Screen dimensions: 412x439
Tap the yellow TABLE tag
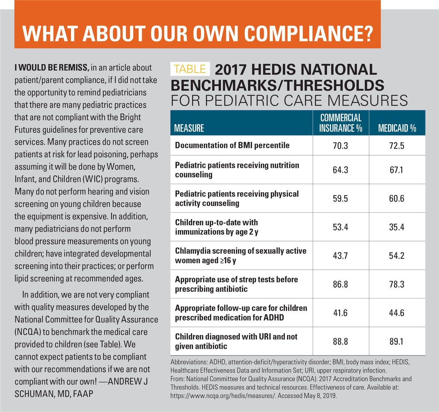[x=190, y=69]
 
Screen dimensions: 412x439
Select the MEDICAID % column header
[x=397, y=128]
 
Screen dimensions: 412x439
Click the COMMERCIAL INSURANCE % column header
[x=341, y=123]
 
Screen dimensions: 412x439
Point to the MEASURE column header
[x=189, y=128]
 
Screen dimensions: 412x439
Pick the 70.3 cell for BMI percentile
[x=340, y=146]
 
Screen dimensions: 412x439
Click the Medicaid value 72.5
[x=396, y=146]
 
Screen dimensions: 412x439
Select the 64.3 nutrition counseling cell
[x=340, y=170]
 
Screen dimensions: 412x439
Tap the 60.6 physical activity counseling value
[x=396, y=199]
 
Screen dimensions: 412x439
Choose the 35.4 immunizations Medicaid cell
[x=396, y=227]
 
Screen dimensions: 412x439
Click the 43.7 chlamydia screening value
[x=340, y=256]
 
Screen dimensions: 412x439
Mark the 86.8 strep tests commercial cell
[x=340, y=284]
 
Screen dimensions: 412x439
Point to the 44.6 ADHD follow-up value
[x=396, y=313]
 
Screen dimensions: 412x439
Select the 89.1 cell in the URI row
[x=396, y=341]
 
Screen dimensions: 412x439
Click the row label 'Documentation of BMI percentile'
[x=232, y=145]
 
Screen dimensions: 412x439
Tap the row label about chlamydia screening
[x=240, y=256]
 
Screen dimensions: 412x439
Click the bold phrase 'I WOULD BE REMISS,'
[x=51, y=68]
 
